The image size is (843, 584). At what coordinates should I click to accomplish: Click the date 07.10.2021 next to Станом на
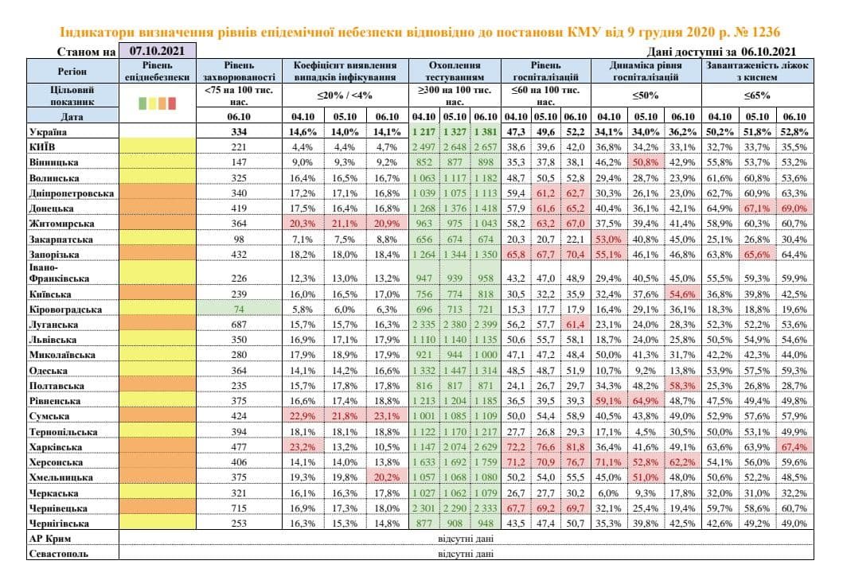(x=156, y=52)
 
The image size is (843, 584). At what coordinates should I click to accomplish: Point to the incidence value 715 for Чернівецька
(x=239, y=508)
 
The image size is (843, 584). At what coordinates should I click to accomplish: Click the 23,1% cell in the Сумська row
(x=387, y=415)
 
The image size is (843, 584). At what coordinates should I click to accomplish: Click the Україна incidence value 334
(x=239, y=131)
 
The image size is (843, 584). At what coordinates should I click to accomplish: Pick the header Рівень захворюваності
(x=240, y=72)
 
